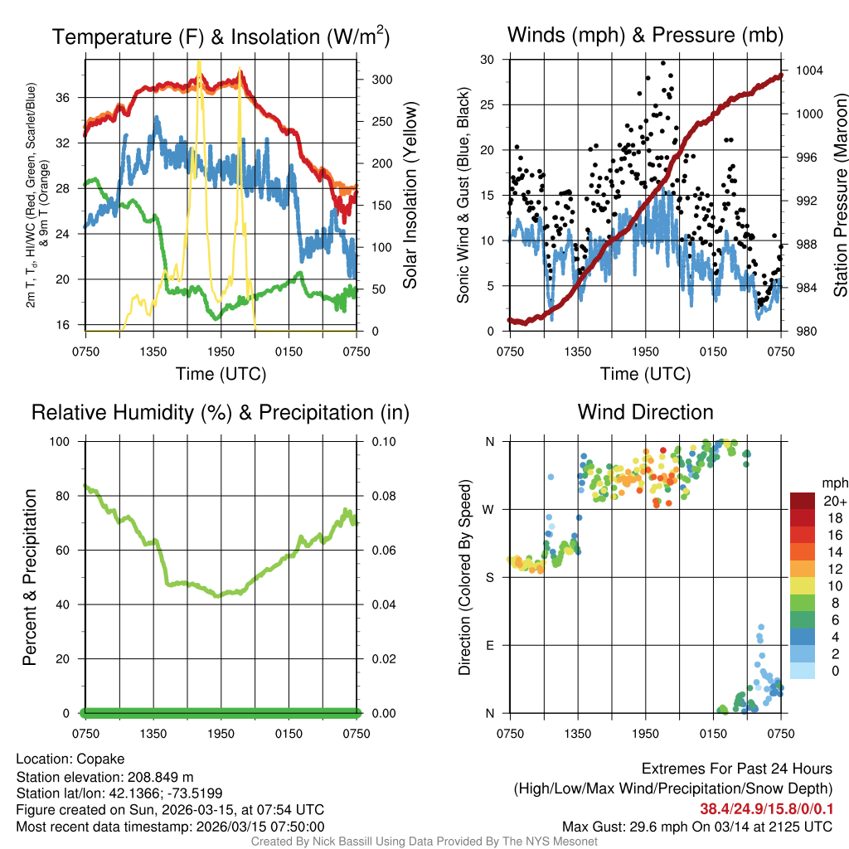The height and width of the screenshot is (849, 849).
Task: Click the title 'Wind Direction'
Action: [645, 412]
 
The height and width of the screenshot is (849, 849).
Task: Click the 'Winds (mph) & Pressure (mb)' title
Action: [645, 36]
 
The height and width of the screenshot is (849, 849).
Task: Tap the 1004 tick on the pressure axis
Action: [808, 70]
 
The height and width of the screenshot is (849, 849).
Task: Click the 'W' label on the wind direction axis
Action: [491, 509]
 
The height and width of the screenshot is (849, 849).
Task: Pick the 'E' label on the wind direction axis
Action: [491, 645]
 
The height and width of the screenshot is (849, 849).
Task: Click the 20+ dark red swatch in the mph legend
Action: [803, 501]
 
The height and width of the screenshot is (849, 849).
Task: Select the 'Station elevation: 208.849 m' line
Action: [104, 776]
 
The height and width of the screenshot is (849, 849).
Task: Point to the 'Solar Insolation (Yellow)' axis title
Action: [410, 195]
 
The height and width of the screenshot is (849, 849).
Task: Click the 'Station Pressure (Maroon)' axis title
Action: [839, 195]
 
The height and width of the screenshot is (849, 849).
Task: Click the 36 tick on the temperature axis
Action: [62, 97]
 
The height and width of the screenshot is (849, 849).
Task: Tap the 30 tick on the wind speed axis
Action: [488, 60]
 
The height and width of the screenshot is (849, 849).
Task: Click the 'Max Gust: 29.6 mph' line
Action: [697, 826]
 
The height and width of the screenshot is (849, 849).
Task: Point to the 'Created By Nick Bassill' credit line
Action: [424, 842]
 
